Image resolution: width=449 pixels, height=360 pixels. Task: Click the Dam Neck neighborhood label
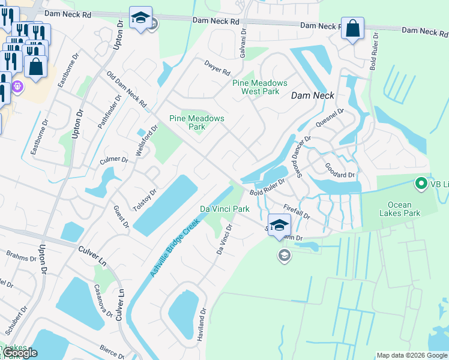coord(312,95)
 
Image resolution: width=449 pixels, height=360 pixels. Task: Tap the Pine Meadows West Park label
coord(260,87)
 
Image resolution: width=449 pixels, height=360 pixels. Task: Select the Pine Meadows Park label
coord(196,122)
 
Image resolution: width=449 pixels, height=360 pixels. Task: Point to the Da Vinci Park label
coord(224,209)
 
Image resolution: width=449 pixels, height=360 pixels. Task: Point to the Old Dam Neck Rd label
coord(126,90)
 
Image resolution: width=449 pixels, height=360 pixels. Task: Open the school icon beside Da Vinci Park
coord(279,226)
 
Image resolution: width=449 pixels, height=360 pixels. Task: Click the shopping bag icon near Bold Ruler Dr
coord(352,28)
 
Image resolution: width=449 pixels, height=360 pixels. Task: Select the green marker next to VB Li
coord(421,184)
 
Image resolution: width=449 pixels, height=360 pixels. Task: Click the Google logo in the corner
coord(19,353)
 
